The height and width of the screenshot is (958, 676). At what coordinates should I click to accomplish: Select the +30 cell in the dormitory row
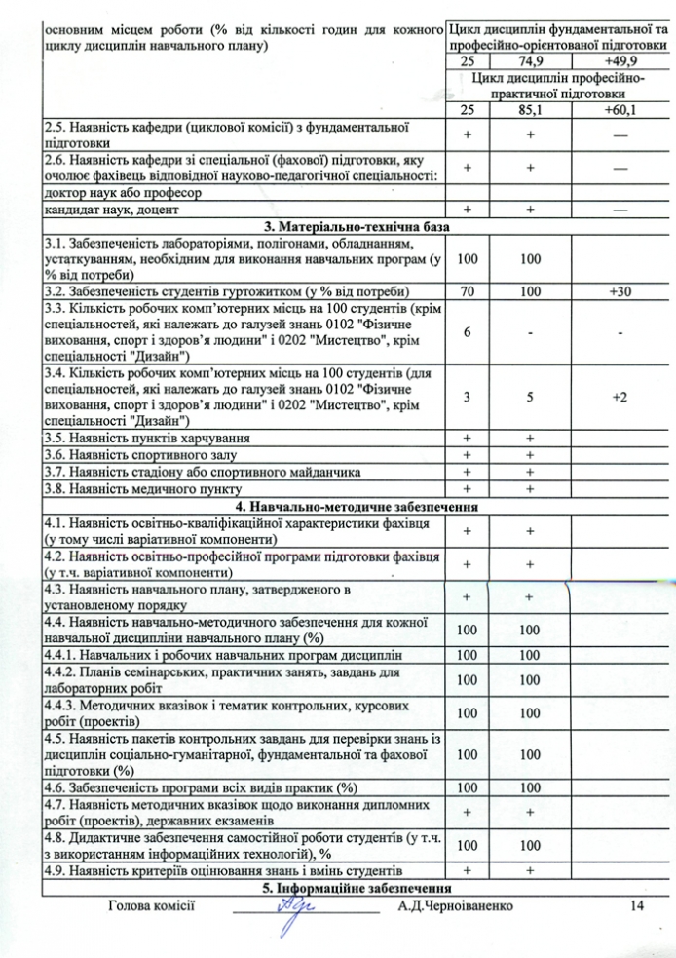620,291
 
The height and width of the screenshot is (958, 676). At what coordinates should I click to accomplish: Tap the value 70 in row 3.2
468,291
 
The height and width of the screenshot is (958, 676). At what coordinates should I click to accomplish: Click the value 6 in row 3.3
468,332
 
